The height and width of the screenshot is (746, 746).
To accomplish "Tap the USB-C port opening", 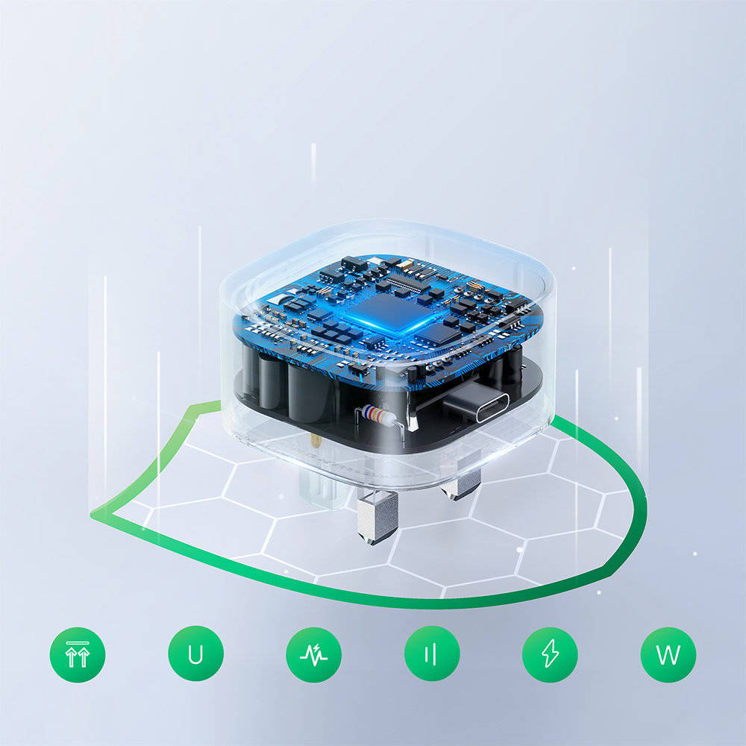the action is pos(492,407).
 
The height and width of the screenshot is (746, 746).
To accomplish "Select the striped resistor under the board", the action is pos(378,415).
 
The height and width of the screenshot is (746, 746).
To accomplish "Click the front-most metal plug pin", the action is pos(377,517).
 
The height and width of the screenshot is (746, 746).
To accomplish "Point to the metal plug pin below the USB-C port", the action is pos(460,486).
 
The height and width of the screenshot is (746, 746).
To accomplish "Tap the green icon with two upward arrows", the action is pos(78,655).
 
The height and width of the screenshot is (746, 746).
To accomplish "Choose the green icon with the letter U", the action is pos(195,653).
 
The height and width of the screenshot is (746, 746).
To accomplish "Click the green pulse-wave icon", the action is pos(313,655).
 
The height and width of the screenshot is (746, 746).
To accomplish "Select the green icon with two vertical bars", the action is pos(432,653).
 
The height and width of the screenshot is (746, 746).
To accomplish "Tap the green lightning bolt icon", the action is pos(550,654).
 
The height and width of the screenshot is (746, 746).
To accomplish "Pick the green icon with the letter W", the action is pos(668,655).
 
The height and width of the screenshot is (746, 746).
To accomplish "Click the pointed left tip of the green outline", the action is pos(91,515).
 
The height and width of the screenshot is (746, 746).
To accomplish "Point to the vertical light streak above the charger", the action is pos(313,163).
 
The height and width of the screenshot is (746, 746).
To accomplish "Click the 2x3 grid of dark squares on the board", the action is pos(338,333).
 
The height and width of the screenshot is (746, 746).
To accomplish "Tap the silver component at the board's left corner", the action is pos(279,299).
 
